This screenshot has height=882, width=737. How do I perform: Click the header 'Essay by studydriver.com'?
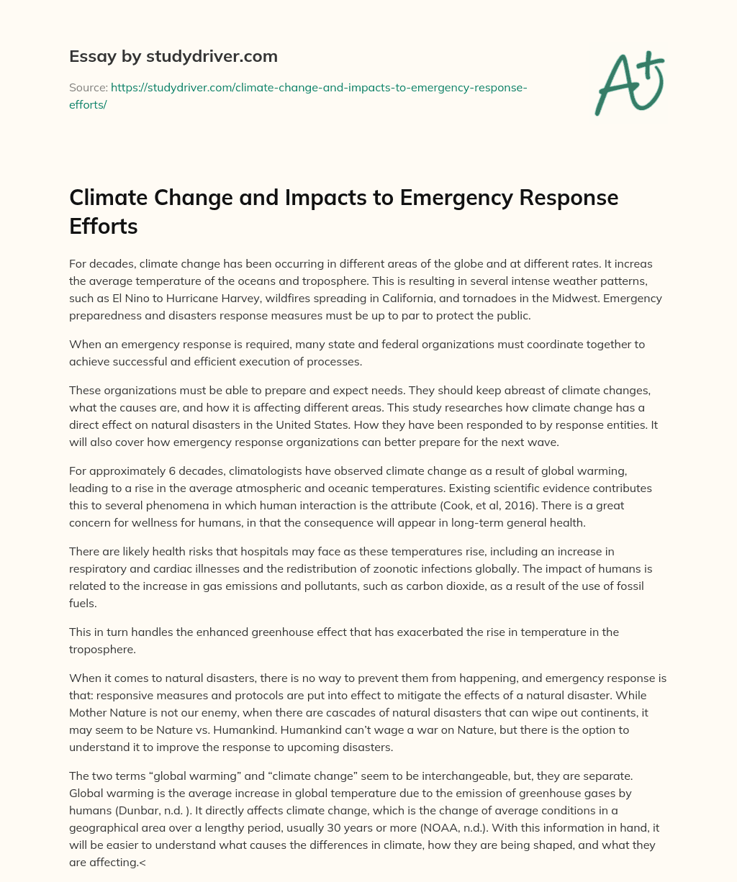tap(173, 56)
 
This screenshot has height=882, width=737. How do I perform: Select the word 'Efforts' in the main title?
tap(103, 227)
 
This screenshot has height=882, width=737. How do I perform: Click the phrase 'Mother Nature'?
tap(104, 713)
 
